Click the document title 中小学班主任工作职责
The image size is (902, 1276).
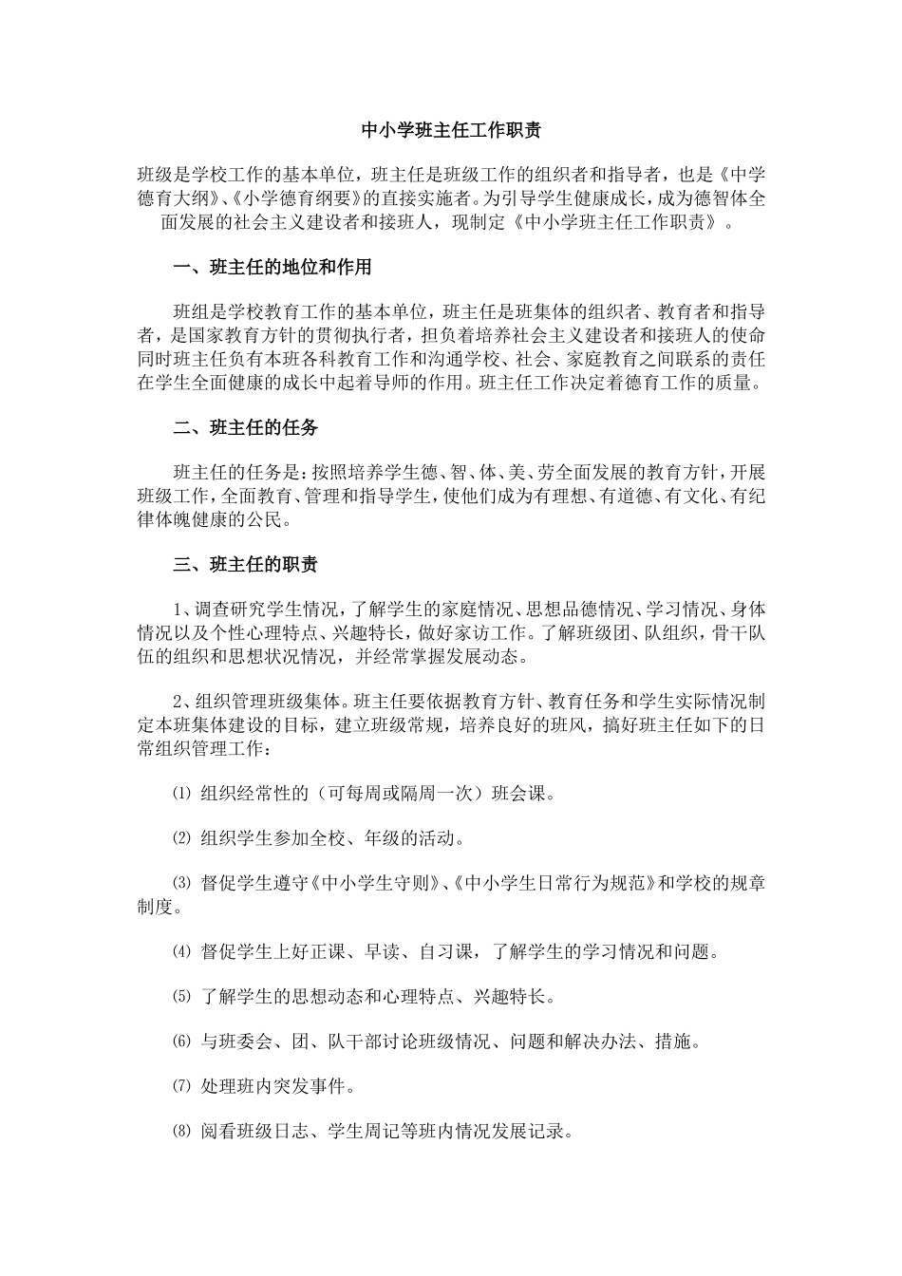451,130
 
